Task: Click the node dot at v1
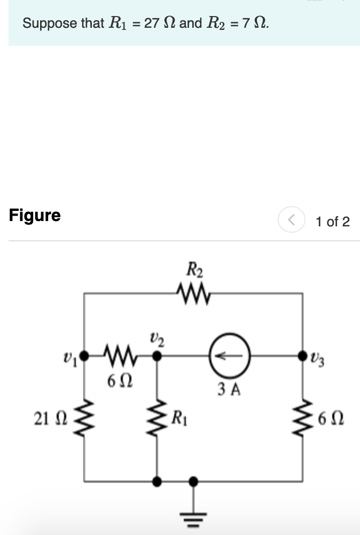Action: coord(85,353)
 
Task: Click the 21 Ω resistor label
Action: coord(48,419)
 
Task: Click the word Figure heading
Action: coord(35,215)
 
